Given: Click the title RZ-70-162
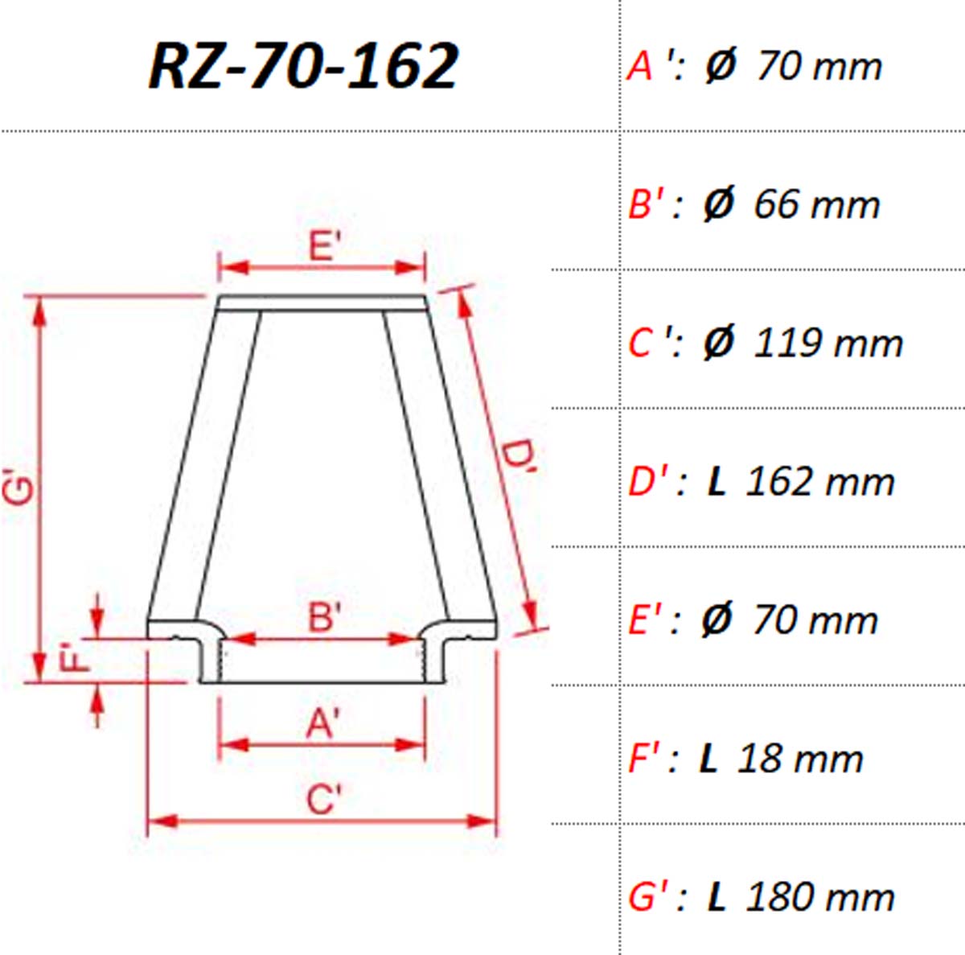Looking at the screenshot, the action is (303, 66).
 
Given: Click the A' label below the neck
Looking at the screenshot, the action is (322, 724).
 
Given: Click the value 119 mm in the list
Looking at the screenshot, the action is (827, 344).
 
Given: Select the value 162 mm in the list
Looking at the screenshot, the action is (819, 482).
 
